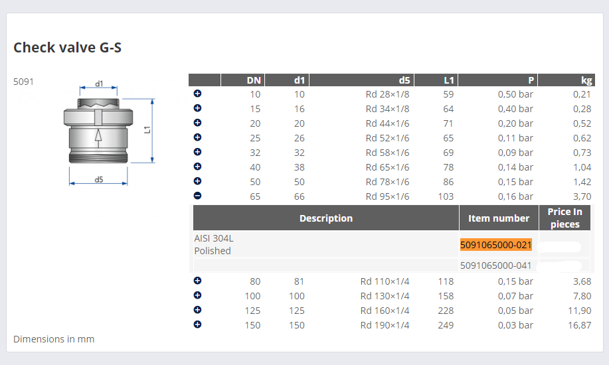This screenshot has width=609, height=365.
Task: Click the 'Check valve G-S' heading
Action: click(67, 47)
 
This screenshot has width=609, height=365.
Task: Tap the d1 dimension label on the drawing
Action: click(99, 84)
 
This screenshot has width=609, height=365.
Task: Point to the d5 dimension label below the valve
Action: click(99, 179)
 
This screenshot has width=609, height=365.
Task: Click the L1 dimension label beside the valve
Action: click(147, 129)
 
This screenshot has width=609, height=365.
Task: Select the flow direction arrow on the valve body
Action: click(98, 138)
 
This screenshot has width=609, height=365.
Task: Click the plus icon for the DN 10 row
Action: click(197, 94)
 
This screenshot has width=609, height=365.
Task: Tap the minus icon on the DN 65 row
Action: click(197, 196)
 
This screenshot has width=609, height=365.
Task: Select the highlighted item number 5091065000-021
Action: click(495, 245)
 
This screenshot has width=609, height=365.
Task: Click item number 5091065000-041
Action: click(495, 265)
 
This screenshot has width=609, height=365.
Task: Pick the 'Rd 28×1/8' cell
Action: click(387, 94)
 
